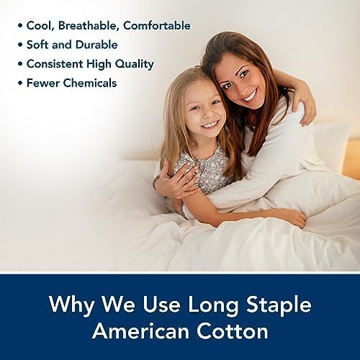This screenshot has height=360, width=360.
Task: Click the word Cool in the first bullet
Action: [40, 26]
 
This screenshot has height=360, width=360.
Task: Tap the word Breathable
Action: [89, 26]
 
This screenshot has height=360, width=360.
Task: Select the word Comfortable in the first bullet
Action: [156, 26]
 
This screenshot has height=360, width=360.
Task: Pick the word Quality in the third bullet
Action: [134, 64]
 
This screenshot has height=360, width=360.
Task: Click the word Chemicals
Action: [89, 83]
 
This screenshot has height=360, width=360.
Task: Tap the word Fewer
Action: [42, 83]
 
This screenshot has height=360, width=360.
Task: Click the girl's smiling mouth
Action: [208, 125]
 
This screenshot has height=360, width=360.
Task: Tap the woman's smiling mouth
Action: [249, 96]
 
